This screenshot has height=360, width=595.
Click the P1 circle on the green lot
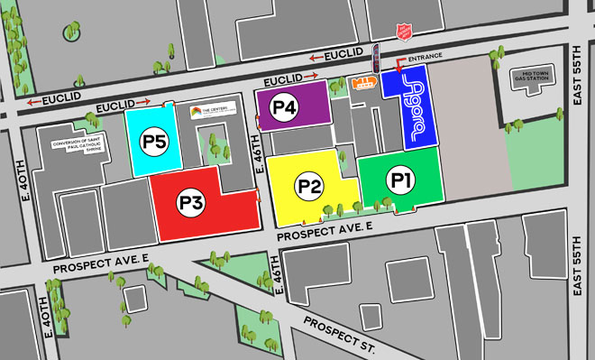tap(402, 180)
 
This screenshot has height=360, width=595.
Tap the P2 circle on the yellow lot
tap(310, 187)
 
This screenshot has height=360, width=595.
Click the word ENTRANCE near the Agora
tap(426, 58)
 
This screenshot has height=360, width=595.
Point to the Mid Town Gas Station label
tap(529, 77)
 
